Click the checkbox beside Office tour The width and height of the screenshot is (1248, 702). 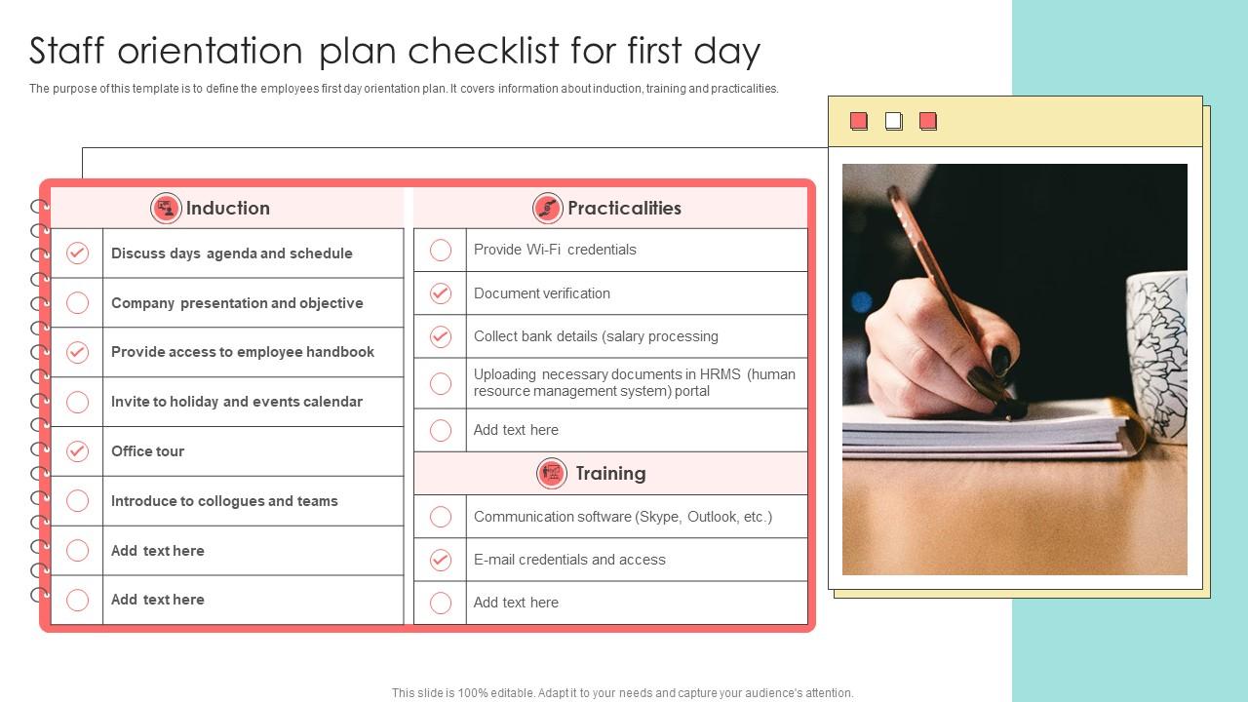77,451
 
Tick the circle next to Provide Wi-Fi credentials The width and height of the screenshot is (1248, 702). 441,251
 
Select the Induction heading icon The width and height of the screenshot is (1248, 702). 166,208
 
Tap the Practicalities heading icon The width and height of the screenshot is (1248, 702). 547,208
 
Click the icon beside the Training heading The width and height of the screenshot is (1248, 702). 552,474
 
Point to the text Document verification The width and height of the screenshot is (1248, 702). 541,293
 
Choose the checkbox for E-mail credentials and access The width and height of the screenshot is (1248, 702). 441,560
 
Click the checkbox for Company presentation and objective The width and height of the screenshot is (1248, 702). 77,303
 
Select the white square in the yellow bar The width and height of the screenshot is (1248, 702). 893,121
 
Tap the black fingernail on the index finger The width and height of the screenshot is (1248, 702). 1000,361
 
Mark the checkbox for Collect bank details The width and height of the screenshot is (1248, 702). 441,336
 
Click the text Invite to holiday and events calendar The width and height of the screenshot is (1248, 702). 236,402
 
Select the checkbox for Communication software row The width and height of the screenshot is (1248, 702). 441,517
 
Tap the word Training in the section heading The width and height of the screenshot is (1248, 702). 610,474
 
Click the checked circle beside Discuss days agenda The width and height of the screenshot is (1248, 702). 77,253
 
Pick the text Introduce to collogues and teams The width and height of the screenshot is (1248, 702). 224,501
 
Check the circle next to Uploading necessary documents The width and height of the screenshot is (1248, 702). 441,383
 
